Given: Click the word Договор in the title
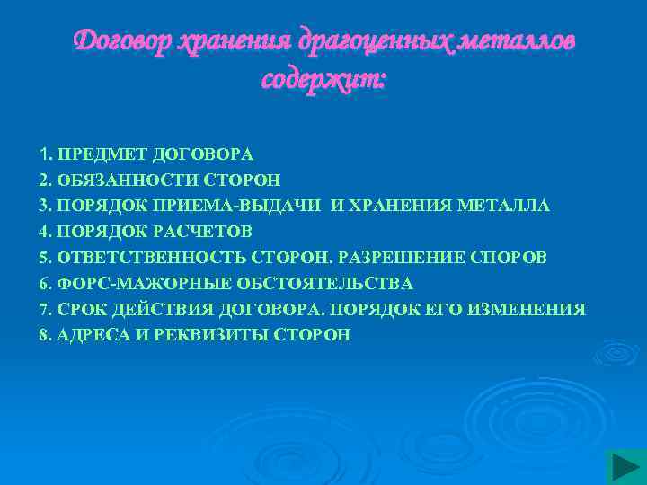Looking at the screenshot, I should (123, 41).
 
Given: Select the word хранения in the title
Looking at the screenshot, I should (237, 41).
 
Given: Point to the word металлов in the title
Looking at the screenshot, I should (518, 41).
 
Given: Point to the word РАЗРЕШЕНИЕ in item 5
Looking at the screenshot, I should (402, 258).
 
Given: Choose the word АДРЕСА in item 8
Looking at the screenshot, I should (88, 335).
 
